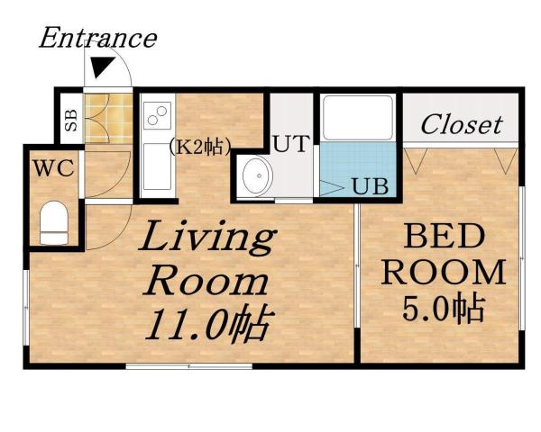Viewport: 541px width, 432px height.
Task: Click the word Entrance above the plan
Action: point(97,39)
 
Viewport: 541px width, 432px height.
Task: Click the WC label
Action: point(54,167)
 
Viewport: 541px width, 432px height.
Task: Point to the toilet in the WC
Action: point(54,222)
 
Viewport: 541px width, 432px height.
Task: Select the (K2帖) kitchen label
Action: point(200,143)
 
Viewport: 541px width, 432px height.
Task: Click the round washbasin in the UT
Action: point(253,175)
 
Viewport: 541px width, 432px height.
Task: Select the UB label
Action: point(370,188)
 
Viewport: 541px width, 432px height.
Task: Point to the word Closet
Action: point(461,124)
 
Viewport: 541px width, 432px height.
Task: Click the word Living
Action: point(206,241)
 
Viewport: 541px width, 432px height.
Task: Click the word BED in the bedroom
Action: point(441,238)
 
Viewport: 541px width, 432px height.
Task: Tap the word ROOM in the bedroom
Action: point(441,273)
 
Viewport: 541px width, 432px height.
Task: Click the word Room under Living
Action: point(207,282)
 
